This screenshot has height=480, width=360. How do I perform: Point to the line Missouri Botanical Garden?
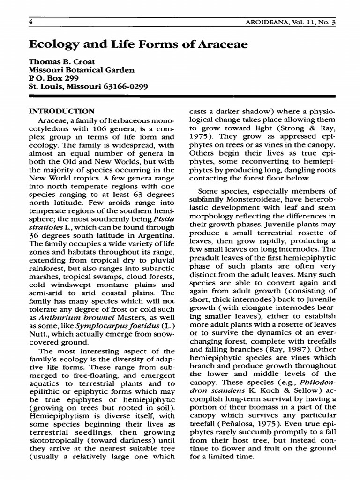82,70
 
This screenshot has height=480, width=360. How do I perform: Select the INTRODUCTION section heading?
62,112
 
